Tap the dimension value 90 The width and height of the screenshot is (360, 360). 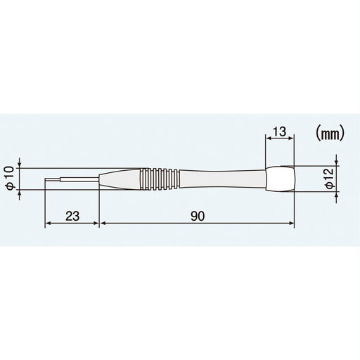[196, 217]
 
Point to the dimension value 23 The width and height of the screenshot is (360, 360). [72, 217]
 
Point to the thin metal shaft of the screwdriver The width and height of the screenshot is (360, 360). [74, 181]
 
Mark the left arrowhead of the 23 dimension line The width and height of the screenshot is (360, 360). [48, 224]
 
